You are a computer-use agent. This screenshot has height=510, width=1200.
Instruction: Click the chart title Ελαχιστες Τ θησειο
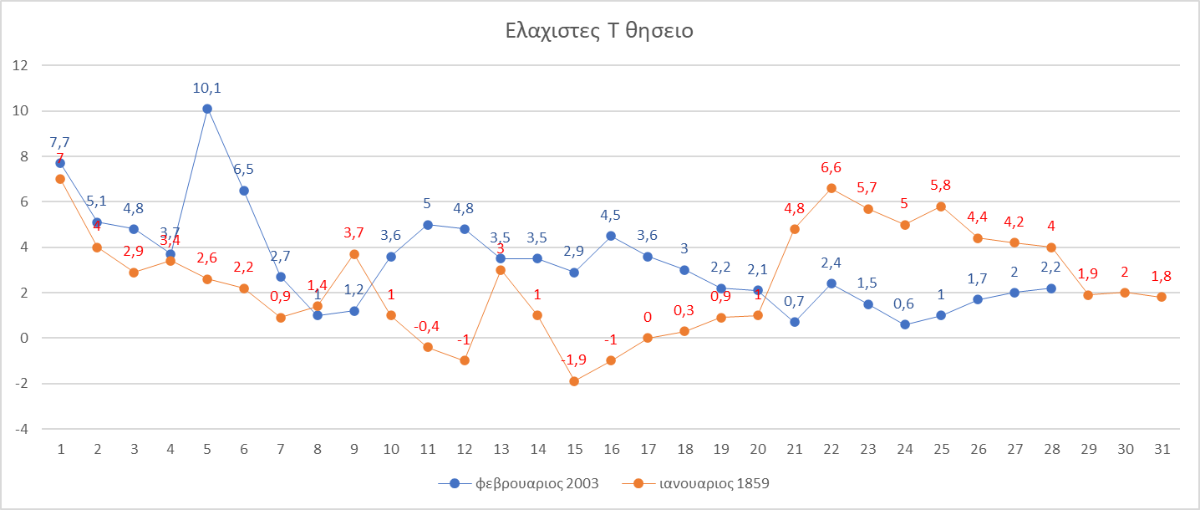tap(599, 31)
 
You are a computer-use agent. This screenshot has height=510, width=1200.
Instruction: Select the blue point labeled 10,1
tap(207, 108)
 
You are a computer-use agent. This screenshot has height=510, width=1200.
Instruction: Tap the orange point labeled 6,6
tap(831, 188)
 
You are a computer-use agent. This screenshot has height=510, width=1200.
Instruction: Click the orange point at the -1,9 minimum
tap(574, 381)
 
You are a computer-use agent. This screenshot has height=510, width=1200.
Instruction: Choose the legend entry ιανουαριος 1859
tap(699, 484)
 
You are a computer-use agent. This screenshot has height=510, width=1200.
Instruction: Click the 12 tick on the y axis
tap(20, 65)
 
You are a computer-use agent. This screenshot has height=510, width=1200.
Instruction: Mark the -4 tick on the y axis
tap(20, 429)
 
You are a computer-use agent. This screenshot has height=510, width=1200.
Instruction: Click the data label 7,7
tap(60, 142)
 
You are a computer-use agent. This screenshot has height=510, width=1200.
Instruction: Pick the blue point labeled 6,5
tap(244, 190)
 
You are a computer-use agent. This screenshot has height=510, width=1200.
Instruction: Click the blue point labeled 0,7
tap(794, 322)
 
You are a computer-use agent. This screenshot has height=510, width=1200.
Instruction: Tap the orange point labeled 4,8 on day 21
tap(794, 229)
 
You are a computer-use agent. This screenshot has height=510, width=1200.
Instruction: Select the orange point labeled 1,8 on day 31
tap(1162, 297)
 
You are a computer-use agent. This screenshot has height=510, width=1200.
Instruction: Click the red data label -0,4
tap(427, 326)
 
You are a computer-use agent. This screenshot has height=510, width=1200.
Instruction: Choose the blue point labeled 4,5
tap(611, 236)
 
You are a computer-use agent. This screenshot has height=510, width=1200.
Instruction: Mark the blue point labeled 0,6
tap(905, 324)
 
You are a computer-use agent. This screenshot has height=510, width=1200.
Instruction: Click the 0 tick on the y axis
tap(23, 338)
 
